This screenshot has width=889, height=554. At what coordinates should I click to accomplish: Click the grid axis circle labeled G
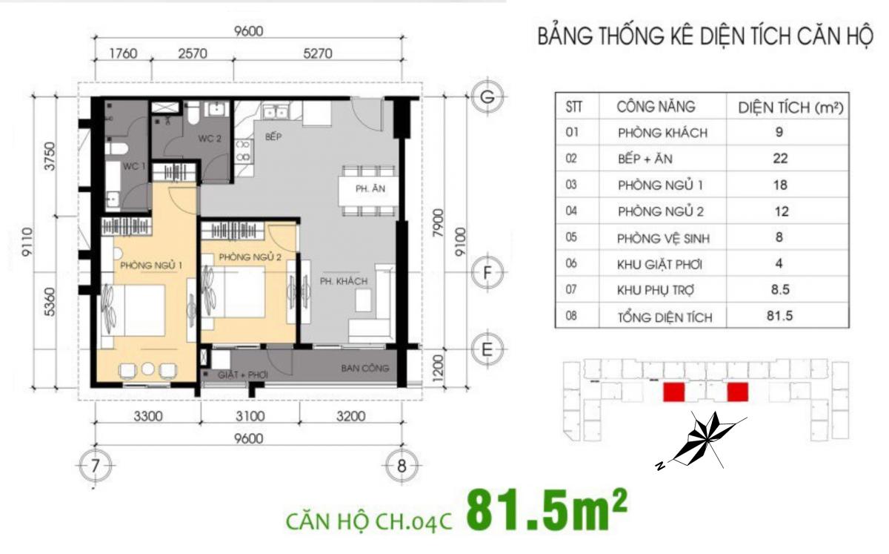487,96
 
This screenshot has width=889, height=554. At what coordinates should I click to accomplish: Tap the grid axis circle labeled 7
95,466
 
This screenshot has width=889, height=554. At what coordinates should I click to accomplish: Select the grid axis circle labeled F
487,273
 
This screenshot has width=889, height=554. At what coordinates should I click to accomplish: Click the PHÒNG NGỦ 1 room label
151,265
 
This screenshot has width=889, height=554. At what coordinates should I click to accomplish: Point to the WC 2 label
210,138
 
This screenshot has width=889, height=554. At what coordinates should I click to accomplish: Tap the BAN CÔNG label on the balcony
364,369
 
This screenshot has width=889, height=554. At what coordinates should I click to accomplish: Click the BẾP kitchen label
273,136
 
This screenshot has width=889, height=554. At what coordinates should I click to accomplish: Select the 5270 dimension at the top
318,53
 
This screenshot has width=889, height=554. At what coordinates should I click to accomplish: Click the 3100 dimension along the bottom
250,416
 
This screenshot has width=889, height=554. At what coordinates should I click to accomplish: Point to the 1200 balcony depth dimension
437,367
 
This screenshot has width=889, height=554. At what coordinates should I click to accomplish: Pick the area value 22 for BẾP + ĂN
780,158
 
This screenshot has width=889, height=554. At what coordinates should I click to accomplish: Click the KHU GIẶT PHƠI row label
659,264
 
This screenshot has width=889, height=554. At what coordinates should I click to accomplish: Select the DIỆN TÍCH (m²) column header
790,108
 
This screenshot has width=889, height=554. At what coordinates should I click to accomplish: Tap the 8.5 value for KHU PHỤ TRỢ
780,289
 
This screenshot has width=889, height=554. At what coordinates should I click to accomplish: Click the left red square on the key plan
674,392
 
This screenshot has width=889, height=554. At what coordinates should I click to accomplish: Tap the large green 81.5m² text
547,511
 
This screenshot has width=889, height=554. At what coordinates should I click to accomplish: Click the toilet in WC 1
116,149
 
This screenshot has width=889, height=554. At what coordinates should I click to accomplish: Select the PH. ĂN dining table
368,191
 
